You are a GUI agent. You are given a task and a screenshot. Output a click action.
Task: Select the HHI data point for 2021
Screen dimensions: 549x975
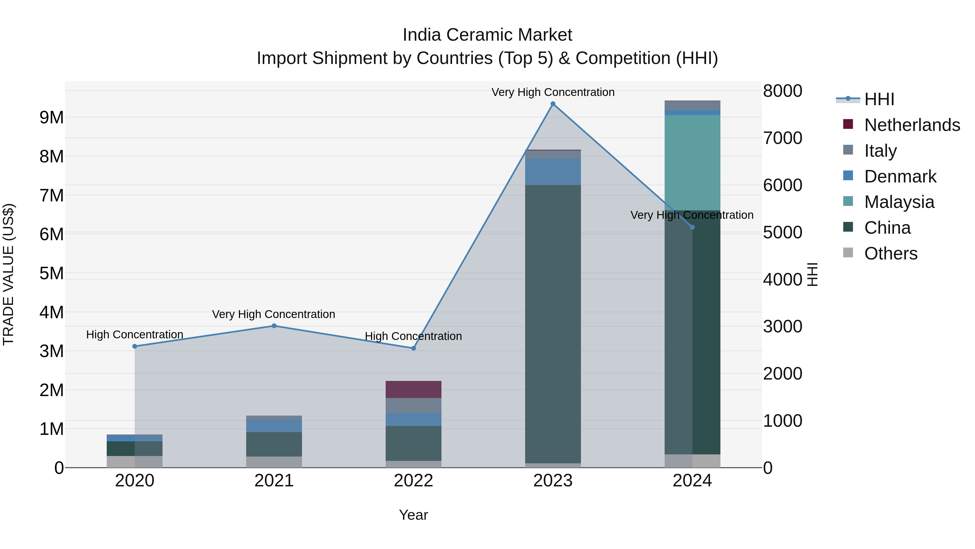coord(274,326)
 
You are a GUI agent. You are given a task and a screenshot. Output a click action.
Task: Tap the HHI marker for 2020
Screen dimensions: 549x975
coord(135,346)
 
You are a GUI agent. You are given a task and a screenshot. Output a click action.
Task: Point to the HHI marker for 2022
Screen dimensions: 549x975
coord(413,348)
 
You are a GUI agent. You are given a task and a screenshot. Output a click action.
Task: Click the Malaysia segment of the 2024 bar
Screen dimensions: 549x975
coord(692,163)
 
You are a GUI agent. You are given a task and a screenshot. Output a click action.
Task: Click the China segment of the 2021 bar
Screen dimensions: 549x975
coord(274,444)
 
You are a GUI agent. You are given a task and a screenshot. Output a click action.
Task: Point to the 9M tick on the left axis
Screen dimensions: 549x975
coord(51,117)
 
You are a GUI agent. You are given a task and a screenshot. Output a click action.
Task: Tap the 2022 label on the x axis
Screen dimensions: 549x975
coord(413,481)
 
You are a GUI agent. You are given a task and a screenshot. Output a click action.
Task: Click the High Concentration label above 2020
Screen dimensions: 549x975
coord(135,335)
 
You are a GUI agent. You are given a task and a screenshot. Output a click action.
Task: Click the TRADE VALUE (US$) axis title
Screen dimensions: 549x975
coord(8,274)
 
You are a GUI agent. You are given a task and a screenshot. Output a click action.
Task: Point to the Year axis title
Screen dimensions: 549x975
coord(413,515)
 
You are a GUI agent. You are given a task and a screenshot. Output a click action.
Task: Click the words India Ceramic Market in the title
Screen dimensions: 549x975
coord(487,35)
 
